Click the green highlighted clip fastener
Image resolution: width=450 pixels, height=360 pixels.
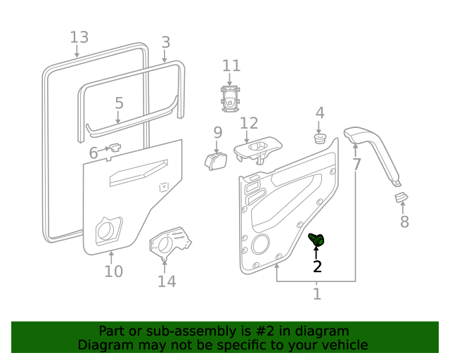click(x=316, y=240)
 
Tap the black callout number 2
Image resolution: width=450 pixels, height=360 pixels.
click(x=317, y=266)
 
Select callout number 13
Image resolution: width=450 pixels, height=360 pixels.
click(x=79, y=37)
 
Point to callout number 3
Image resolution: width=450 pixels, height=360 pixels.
click(x=166, y=42)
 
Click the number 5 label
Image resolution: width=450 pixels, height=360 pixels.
click(x=119, y=103)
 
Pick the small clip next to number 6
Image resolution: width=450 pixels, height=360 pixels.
click(x=115, y=147)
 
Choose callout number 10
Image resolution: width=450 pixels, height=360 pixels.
click(x=114, y=271)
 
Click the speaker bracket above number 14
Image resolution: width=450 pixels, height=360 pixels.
click(x=170, y=243)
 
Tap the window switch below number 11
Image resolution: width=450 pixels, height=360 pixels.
click(x=231, y=99)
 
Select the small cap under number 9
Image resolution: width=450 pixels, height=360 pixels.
click(x=216, y=162)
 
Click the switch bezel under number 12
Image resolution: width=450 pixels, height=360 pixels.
click(x=257, y=150)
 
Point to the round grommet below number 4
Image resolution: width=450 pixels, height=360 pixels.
click(x=319, y=139)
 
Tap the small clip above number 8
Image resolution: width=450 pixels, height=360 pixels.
click(x=401, y=197)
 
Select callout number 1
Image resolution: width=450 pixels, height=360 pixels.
click(x=317, y=293)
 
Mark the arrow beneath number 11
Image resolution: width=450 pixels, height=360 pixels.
click(x=230, y=79)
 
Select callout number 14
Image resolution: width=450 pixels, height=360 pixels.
click(x=167, y=281)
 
